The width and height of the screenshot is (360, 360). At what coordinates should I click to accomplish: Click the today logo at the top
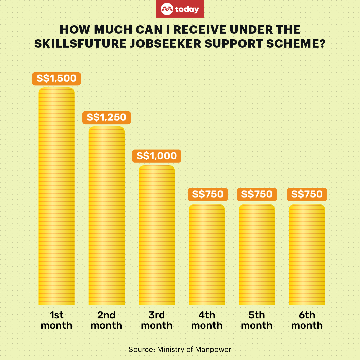click(180, 9)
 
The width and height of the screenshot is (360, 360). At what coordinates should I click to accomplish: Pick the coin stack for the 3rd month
click(157, 235)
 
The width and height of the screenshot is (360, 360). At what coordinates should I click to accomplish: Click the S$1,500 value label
click(57, 79)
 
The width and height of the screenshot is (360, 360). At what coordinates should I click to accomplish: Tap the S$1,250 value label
click(107, 117)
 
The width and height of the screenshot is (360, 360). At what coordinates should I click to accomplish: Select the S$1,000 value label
click(157, 156)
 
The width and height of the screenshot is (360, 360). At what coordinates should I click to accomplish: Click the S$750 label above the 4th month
click(207, 194)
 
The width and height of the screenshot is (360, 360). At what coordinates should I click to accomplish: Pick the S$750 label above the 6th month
click(307, 194)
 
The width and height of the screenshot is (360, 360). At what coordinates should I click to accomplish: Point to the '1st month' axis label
click(57, 320)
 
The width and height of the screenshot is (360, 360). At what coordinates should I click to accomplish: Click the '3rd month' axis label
click(157, 320)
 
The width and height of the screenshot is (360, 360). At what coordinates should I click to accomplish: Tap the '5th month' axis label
click(257, 320)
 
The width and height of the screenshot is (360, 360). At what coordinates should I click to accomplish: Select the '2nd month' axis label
click(107, 320)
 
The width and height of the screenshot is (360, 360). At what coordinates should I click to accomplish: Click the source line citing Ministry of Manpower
click(180, 349)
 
